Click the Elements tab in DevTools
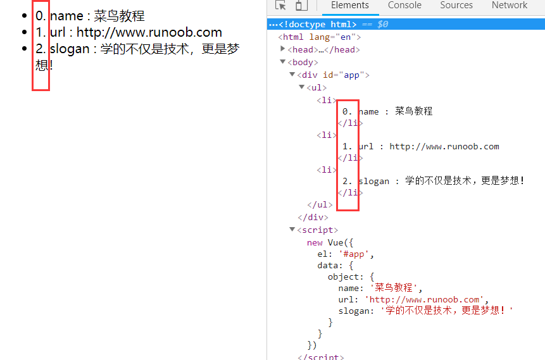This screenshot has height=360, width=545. [x=349, y=5]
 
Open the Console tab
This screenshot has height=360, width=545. [x=404, y=5]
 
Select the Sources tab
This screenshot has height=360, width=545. [x=456, y=5]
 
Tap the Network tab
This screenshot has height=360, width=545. [x=509, y=5]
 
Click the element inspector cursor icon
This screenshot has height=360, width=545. [x=280, y=5]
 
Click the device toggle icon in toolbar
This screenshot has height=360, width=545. [x=301, y=5]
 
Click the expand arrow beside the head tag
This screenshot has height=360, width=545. [x=282, y=49]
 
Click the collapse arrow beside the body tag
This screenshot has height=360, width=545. [x=282, y=62]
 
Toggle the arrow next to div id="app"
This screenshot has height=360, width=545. [x=292, y=75]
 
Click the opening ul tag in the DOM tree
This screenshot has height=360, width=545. [x=316, y=87]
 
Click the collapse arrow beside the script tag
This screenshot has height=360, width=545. [x=292, y=229]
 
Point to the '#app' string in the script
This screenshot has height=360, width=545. [x=353, y=254]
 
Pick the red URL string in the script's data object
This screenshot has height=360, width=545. [x=424, y=299]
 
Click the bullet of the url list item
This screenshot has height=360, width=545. [x=24, y=32]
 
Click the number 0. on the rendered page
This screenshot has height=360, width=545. [x=41, y=16]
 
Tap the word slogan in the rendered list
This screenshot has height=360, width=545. [x=70, y=49]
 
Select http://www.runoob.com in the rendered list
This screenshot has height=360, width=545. [x=149, y=32]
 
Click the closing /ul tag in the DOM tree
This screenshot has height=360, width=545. [x=320, y=204]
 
